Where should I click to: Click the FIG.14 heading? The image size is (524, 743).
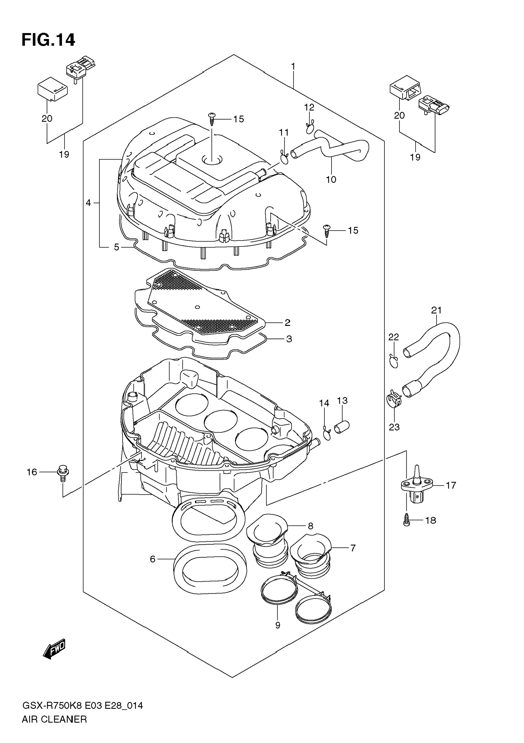[48, 40]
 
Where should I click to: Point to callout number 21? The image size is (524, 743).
[436, 310]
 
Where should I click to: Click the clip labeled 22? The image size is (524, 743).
[393, 360]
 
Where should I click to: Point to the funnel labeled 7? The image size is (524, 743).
[310, 554]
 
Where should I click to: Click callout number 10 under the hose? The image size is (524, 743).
[331, 179]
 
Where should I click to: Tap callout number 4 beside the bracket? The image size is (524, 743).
[88, 203]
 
